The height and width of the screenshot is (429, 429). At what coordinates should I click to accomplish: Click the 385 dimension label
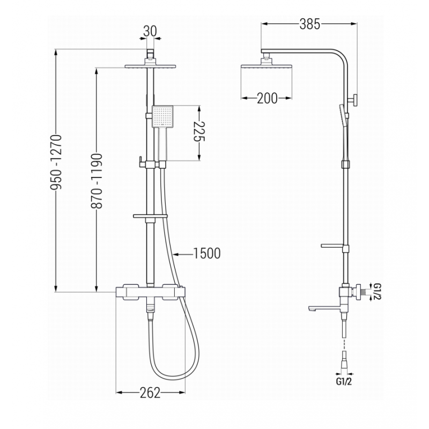click(309, 24)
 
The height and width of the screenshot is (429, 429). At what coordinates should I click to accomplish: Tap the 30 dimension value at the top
click(150, 31)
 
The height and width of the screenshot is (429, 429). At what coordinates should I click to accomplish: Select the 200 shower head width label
click(267, 98)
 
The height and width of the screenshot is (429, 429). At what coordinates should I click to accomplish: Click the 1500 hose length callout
click(206, 253)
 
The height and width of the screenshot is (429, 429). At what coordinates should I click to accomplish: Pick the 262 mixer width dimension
click(150, 393)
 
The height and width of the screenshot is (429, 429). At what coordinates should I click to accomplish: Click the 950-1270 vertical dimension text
click(57, 162)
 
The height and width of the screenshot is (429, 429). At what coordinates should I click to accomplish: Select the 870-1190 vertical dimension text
click(97, 181)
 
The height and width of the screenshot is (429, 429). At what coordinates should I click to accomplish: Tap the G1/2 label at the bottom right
click(344, 382)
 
